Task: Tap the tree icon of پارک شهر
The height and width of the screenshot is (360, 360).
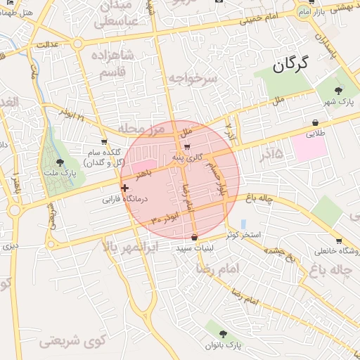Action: coord(339,91)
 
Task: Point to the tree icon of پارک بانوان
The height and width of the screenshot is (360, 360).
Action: coord(224,334)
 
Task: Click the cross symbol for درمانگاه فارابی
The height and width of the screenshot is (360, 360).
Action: coord(124,188)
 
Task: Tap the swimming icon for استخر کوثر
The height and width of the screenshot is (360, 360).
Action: coord(243,223)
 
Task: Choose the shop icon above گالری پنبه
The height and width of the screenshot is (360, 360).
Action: coord(186,147)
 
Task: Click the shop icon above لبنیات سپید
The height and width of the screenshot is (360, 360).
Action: coord(194,236)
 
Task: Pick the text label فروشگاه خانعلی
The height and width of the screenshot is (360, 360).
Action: coord(330,251)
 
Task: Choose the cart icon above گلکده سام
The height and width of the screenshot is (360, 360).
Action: coord(104,142)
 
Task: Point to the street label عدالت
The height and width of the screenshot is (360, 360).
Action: coord(66,45)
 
